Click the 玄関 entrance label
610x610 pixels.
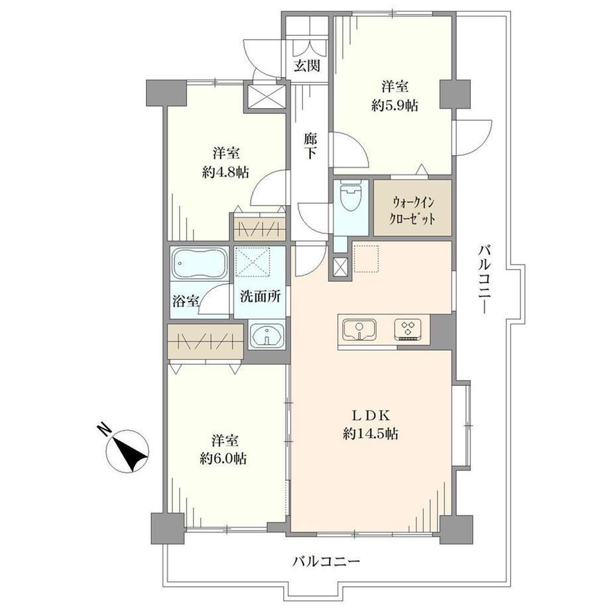(307, 66)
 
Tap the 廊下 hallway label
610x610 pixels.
(310, 145)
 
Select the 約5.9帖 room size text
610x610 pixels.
(395, 106)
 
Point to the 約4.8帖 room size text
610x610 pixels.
(225, 172)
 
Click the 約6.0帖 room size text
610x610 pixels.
(223, 459)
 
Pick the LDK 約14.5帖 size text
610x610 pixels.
(371, 434)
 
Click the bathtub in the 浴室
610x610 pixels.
(200, 264)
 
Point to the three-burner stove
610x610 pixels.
(408, 328)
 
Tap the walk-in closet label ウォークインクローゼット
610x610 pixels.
(412, 211)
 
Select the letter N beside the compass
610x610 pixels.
(103, 429)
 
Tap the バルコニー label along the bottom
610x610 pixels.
(326, 562)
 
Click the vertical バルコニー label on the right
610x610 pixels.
(485, 279)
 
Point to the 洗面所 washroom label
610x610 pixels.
(260, 297)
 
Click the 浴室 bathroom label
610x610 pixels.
(186, 301)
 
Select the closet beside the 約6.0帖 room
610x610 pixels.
(206, 341)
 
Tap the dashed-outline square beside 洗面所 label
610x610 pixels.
(253, 262)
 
